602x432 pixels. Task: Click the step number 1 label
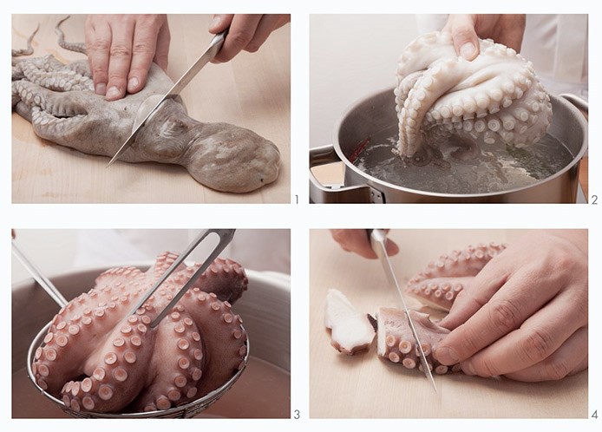(296, 200)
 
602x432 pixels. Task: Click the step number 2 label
(595, 200)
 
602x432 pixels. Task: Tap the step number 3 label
(297, 415)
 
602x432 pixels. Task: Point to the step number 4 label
(595, 415)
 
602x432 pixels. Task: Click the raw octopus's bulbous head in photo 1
(234, 157)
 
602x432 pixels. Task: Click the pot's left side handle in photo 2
(326, 169)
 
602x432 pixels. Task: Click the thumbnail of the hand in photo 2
(468, 50)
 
